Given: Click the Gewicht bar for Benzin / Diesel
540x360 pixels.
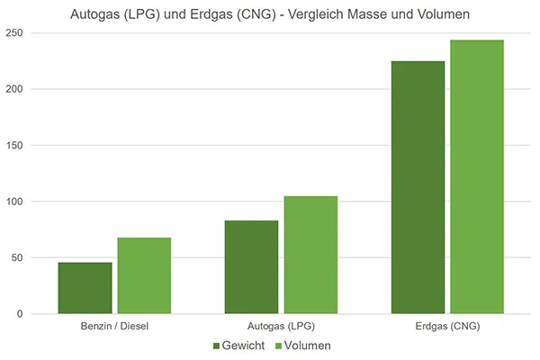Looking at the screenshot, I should [x=85, y=288].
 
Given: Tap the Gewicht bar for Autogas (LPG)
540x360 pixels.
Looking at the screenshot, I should [x=252, y=267].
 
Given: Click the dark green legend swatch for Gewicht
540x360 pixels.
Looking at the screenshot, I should [x=217, y=346].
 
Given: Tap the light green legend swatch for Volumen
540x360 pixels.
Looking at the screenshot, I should [x=278, y=346].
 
